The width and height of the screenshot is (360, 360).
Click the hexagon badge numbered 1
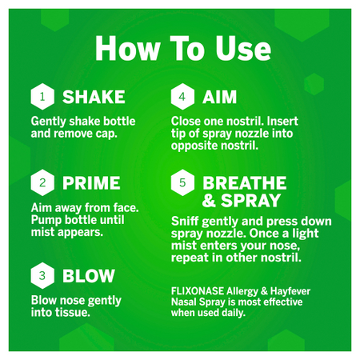coord(42,97)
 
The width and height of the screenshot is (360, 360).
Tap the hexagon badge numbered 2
coord(42,182)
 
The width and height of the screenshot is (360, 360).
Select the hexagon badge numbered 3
coord(42,275)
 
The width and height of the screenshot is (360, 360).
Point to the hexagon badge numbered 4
coord(182,97)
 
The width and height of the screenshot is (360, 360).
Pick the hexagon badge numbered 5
coord(182,182)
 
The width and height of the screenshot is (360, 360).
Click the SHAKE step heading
coord(94,97)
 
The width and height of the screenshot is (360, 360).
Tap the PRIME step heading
coord(91,183)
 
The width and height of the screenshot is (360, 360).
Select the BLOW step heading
coord(89,276)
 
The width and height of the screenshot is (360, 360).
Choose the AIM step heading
coord(219,97)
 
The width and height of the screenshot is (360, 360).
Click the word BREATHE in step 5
coord(245,183)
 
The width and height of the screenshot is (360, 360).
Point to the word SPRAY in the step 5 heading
coord(250,200)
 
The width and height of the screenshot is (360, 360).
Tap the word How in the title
coord(127,49)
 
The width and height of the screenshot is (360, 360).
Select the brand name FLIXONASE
coord(198,291)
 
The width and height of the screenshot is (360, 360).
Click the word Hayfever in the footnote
coord(290,291)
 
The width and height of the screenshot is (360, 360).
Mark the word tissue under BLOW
coord(74,312)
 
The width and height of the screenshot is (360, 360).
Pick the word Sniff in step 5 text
coord(185,221)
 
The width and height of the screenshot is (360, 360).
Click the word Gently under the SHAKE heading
coord(48,122)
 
